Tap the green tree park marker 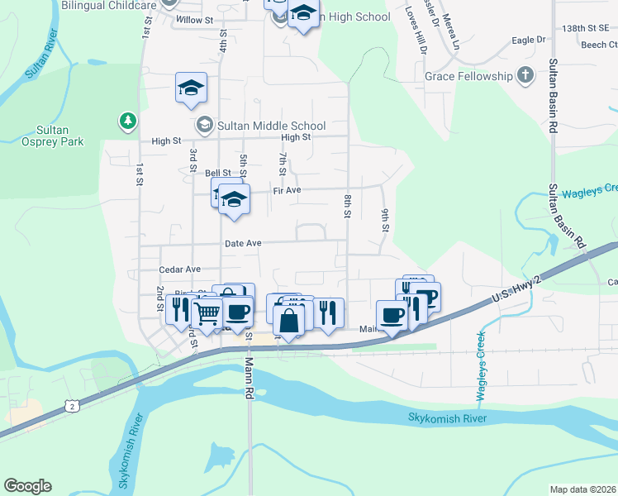click(x=127, y=122)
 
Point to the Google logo click(x=27, y=486)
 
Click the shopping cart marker click(x=207, y=312)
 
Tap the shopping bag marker click(x=289, y=320)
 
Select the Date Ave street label click(x=243, y=244)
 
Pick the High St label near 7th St click(x=295, y=138)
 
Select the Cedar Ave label click(x=180, y=269)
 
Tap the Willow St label click(x=194, y=19)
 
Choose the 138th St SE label click(x=589, y=27)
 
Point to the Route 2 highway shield click(x=73, y=405)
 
